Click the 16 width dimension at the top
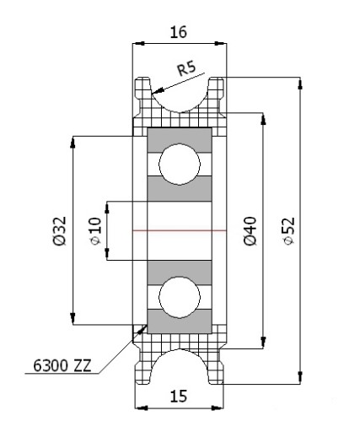[x=179, y=32]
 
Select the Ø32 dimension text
[x=60, y=230]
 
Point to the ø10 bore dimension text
[x=95, y=231]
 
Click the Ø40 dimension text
[x=250, y=231]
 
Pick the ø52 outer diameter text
[x=289, y=231]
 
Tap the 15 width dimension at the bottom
[x=179, y=397]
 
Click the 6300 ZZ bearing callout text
[x=62, y=365]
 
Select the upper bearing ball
[x=180, y=165]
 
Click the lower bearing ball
[x=180, y=297]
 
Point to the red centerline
[x=180, y=230]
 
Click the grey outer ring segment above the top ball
[x=180, y=140]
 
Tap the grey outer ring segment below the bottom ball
[x=180, y=322]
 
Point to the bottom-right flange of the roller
[x=217, y=373]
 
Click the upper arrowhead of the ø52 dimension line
[x=300, y=84]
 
